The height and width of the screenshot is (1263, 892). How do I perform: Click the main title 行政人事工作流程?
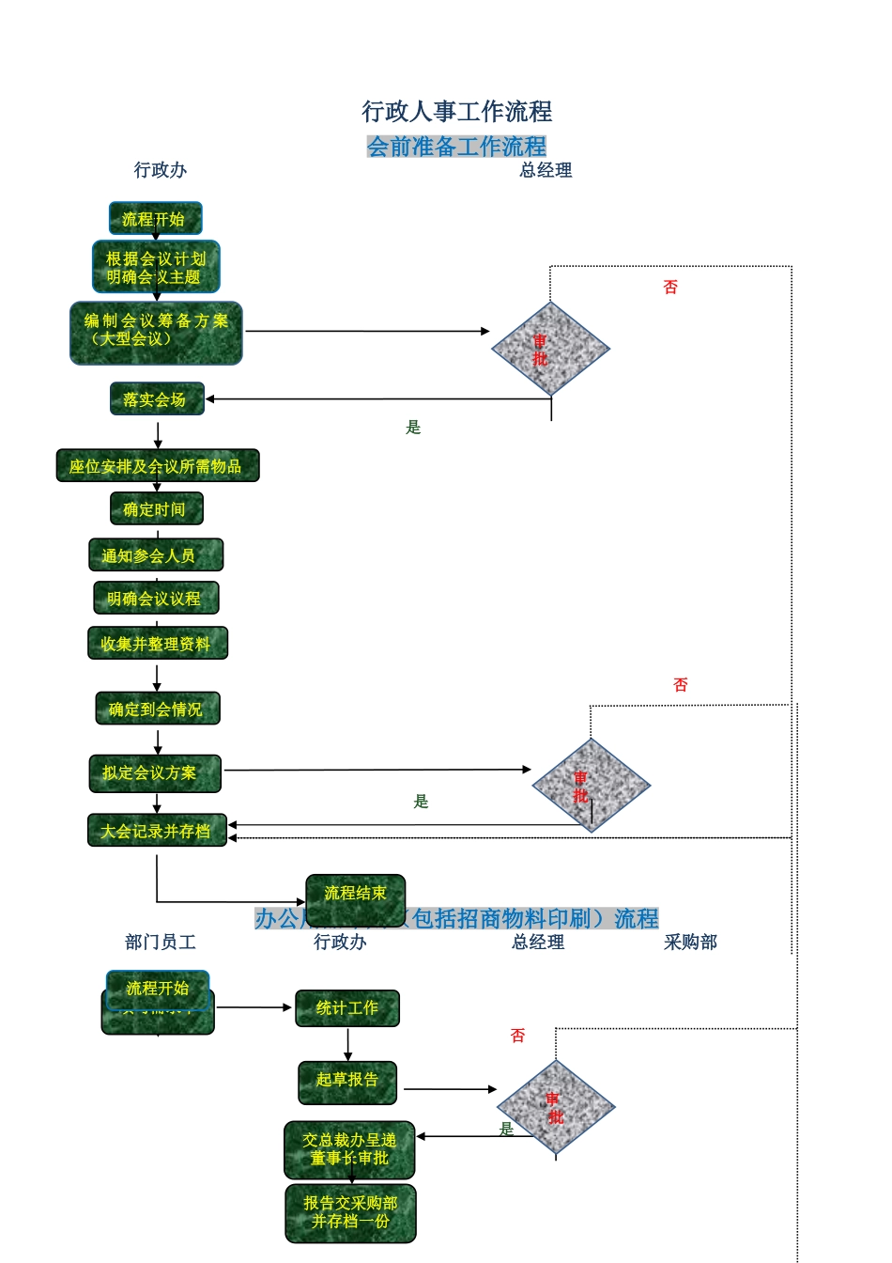coord(457,112)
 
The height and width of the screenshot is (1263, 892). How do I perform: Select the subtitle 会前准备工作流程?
coord(456,147)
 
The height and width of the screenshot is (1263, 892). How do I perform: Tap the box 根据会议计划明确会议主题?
coord(156,267)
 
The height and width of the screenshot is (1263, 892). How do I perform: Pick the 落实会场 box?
coord(157,399)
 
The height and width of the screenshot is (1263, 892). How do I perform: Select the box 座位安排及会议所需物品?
coord(157,466)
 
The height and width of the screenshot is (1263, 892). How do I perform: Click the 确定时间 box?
coord(156,509)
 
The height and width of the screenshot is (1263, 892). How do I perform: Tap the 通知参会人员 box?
coord(156,555)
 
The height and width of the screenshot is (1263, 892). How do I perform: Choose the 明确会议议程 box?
coord(156,599)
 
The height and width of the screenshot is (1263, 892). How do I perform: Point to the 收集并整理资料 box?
coord(157,644)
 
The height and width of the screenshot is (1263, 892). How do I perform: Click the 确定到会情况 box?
coord(157,709)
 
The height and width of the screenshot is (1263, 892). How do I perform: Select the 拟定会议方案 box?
coord(155,773)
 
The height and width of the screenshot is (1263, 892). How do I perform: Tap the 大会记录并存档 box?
coord(157,831)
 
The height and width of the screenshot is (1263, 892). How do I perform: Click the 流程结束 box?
coord(355,893)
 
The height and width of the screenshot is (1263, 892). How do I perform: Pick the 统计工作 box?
coord(347,1008)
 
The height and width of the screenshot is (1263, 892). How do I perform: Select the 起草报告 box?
coord(347,1081)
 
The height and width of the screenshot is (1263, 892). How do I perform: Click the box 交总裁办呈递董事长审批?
coord(349,1149)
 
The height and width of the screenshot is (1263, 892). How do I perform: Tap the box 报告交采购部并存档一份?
coord(350,1212)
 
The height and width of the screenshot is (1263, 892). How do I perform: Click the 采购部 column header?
coord(690,942)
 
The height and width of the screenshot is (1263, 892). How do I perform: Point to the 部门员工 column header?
coord(161,942)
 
